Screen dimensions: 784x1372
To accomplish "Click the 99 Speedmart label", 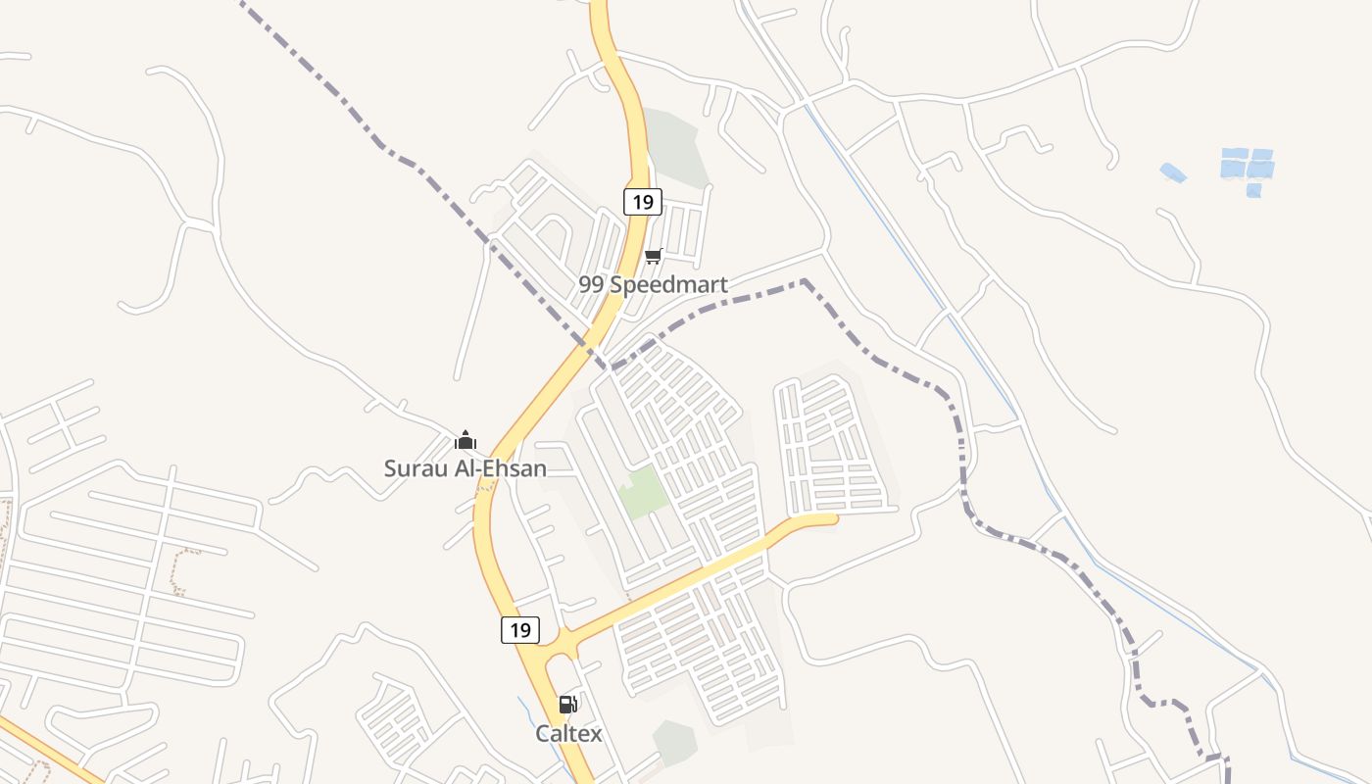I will [653, 285].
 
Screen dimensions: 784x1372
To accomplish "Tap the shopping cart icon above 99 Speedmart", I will [654, 257].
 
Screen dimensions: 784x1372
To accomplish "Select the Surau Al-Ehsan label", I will [465, 468].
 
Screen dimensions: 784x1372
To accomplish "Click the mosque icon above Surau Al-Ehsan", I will [465, 440].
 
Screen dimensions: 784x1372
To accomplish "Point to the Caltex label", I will [568, 733].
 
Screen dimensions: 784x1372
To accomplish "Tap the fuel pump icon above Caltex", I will [567, 705].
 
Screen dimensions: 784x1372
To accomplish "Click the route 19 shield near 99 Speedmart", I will [643, 202].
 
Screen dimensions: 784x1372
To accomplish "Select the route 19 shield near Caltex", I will [520, 630].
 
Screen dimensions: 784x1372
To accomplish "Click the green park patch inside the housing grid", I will [643, 492].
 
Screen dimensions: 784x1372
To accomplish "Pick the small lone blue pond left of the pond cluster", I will [1173, 172].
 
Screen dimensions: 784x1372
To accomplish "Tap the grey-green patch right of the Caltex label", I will [674, 742].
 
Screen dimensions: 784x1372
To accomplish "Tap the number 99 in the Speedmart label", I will [591, 285].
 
